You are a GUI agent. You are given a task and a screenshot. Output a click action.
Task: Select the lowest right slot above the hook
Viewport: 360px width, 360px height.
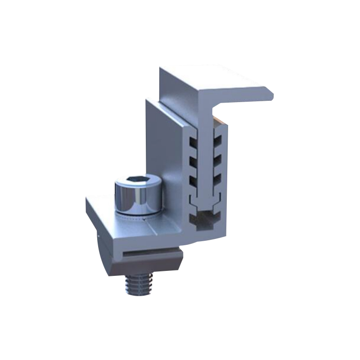[219, 178]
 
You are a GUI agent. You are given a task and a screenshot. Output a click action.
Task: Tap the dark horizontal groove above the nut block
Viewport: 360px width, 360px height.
[148, 252]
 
